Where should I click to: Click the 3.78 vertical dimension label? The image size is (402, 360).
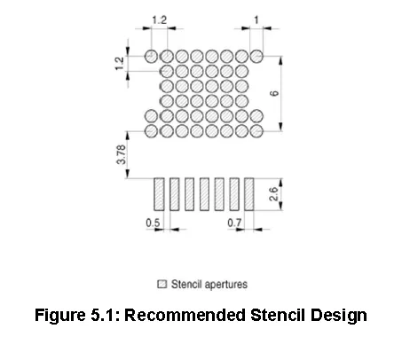click(x=122, y=154)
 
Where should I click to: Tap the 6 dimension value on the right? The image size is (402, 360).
click(x=274, y=93)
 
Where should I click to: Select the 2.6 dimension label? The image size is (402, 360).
click(x=274, y=194)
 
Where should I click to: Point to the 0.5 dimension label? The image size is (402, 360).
click(x=153, y=223)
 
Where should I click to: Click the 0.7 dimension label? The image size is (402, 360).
click(x=234, y=223)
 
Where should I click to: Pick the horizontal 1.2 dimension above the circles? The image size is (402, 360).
click(x=160, y=20)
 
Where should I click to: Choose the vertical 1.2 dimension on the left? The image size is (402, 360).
click(x=119, y=64)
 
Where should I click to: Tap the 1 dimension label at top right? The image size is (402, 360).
click(x=256, y=20)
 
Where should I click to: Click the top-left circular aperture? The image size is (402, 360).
click(x=151, y=56)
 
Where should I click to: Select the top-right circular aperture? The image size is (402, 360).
click(x=256, y=56)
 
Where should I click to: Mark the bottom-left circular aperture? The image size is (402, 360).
click(x=151, y=131)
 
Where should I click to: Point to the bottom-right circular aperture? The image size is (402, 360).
click(x=256, y=131)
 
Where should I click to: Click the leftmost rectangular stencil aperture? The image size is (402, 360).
click(x=159, y=194)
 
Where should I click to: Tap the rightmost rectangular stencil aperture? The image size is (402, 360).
click(x=249, y=194)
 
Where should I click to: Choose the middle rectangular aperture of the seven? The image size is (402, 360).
click(x=204, y=194)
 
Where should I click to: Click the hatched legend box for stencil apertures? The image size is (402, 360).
click(x=162, y=284)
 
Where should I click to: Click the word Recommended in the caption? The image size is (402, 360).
click(x=185, y=315)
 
